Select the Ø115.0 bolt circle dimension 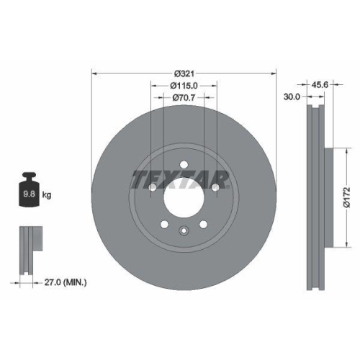(184, 85)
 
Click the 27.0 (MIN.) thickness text (64, 284)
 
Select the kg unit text (48, 195)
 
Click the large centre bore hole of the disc (184, 195)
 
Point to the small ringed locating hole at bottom (184, 231)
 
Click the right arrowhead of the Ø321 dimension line (274, 73)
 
